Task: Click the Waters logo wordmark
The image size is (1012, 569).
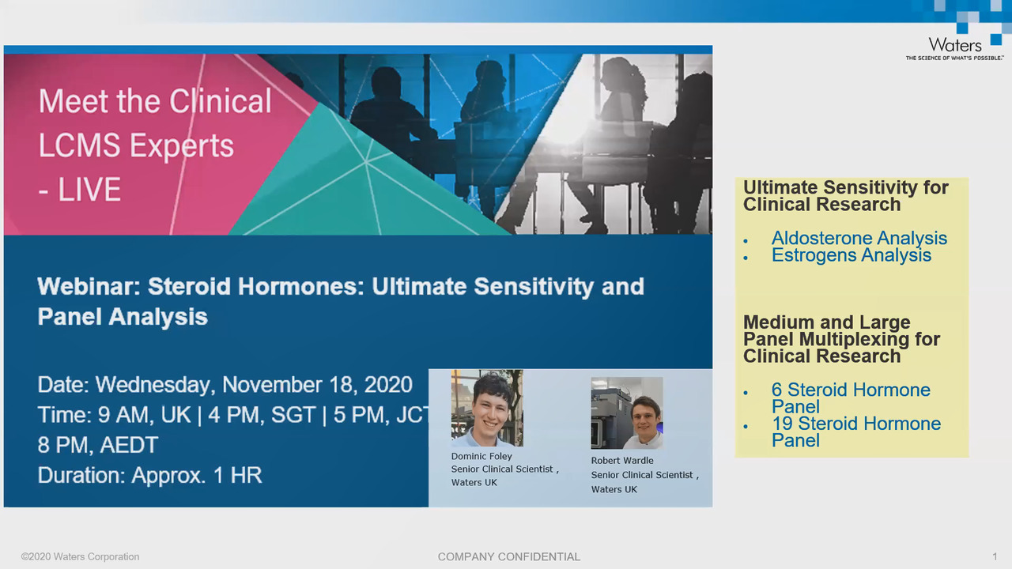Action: (x=955, y=45)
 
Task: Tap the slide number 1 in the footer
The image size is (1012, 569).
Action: (x=995, y=556)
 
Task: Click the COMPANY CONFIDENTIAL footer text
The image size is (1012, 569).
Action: (x=508, y=557)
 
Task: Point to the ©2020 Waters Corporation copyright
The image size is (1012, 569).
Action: (x=80, y=557)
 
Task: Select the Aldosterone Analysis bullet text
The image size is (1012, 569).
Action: (x=859, y=238)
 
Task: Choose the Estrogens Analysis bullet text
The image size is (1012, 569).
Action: (x=852, y=255)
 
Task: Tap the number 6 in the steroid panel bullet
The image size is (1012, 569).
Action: (x=776, y=390)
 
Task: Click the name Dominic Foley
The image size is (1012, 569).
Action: (x=481, y=456)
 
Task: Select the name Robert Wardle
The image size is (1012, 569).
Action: (x=622, y=460)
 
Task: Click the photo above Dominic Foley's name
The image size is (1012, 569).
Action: (x=487, y=409)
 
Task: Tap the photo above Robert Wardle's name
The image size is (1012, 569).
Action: (x=627, y=413)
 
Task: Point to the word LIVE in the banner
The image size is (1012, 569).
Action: (x=89, y=189)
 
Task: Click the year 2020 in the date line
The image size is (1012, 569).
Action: (x=388, y=385)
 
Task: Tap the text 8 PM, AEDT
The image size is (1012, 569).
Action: (x=98, y=445)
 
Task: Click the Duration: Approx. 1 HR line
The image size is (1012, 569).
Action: (x=150, y=475)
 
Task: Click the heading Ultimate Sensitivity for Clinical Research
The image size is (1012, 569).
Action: (x=845, y=196)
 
